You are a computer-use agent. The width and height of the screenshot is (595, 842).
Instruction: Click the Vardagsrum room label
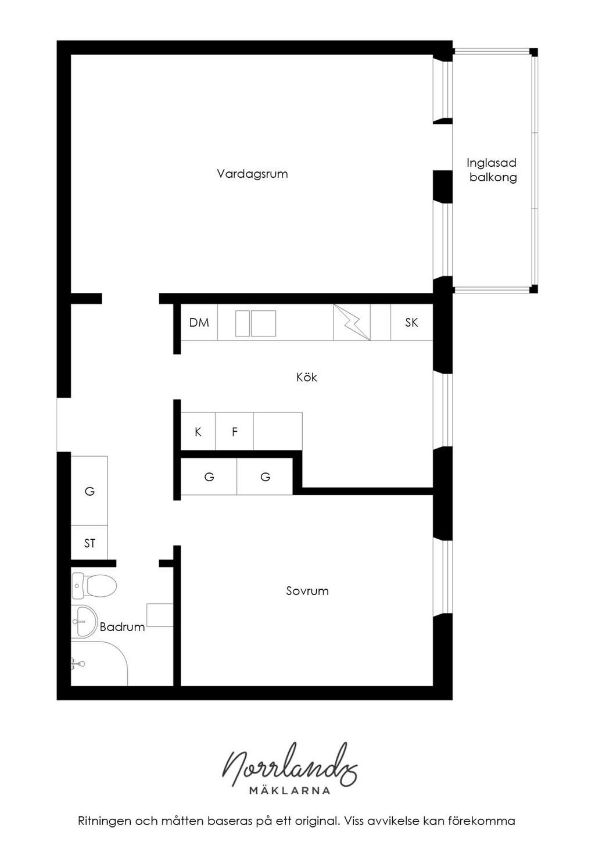tap(252, 174)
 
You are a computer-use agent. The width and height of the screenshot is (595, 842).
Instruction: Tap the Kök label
tap(307, 377)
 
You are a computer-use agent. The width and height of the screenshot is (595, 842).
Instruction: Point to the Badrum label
tap(122, 626)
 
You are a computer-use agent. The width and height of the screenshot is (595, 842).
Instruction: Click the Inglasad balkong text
tap(492, 170)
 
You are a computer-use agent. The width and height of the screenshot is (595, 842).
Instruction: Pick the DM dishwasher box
tap(199, 322)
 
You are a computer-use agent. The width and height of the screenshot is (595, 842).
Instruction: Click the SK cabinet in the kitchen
tap(411, 322)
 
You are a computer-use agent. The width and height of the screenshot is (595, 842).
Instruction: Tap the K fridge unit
tap(198, 431)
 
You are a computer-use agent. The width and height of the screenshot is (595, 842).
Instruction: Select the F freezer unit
tap(235, 431)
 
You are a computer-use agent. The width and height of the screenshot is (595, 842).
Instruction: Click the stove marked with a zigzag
tap(352, 322)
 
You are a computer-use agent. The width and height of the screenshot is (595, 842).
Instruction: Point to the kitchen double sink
tap(256, 323)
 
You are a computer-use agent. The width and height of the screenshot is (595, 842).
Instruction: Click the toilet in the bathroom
tap(94, 586)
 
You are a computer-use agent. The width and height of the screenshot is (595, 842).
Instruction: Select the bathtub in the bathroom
tap(99, 664)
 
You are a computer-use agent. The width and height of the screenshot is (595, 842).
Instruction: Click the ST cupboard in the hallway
tap(89, 543)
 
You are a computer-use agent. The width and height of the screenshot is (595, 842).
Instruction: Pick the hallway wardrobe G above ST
tap(89, 491)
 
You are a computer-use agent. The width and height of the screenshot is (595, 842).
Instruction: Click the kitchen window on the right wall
tap(442, 410)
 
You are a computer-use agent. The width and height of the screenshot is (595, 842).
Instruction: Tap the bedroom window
tap(442, 578)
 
